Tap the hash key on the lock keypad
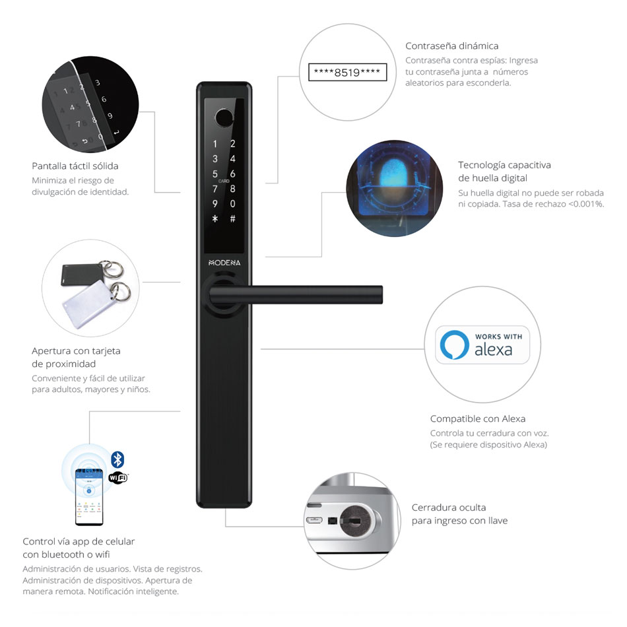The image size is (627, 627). [x=233, y=218]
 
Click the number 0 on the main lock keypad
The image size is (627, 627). [x=233, y=204]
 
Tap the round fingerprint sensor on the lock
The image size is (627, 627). [x=224, y=117]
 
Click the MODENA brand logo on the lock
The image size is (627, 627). [x=224, y=263]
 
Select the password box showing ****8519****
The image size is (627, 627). [x=347, y=73]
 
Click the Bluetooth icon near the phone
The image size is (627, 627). [x=117, y=459]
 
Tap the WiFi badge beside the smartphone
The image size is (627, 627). [x=118, y=477]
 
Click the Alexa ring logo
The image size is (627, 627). [x=455, y=345]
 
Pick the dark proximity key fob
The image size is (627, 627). [x=82, y=275]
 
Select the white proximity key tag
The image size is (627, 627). [x=89, y=303]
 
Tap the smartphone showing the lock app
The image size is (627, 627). [x=89, y=496]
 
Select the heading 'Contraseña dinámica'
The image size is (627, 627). [x=452, y=46]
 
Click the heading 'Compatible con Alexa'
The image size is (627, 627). [x=478, y=418]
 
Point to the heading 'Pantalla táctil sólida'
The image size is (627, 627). [x=75, y=166]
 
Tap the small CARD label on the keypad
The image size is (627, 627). [x=224, y=181]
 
